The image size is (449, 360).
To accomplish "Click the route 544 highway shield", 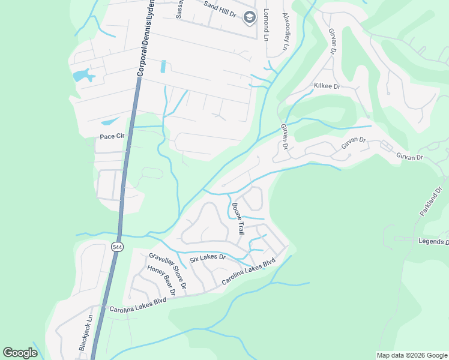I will pyautogui.click(x=116, y=246).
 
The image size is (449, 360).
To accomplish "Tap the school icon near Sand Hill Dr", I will pyautogui.click(x=249, y=18).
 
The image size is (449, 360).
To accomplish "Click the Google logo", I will pyautogui.click(x=20, y=353).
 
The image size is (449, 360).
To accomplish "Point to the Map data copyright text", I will pyautogui.click(x=412, y=355).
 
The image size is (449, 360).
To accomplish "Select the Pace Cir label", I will pyautogui.click(x=112, y=137).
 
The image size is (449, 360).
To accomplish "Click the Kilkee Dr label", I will pyautogui.click(x=327, y=86).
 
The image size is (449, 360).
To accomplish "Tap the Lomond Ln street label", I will pyautogui.click(x=265, y=28).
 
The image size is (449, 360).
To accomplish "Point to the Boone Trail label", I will pyautogui.click(x=238, y=218).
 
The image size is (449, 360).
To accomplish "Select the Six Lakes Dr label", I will pyautogui.click(x=207, y=258).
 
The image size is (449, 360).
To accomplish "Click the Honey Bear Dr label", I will pyautogui.click(x=161, y=280).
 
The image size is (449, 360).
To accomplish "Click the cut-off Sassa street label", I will pyautogui.click(x=179, y=9).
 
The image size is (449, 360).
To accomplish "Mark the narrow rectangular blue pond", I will pyautogui.click(x=163, y=66).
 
